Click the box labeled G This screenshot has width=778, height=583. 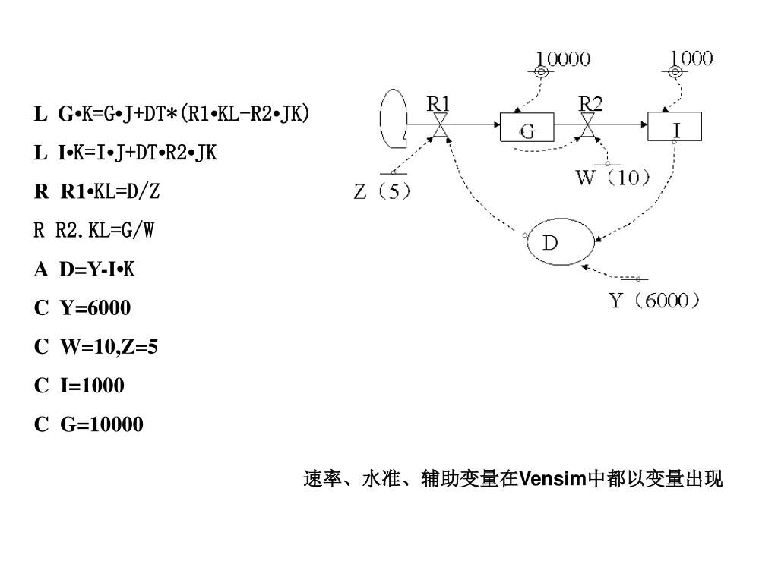[527, 127]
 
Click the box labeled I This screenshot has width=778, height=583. [675, 126]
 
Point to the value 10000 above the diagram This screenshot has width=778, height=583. [565, 58]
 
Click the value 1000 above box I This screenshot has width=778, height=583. [691, 57]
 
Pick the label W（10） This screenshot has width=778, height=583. [613, 178]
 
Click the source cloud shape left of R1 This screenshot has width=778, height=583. [394, 120]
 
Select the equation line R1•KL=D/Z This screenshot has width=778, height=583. [97, 192]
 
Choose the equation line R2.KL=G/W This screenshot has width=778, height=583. [94, 231]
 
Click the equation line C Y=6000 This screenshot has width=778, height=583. [82, 308]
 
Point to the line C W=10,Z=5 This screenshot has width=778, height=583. [96, 347]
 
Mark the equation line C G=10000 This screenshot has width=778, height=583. [88, 424]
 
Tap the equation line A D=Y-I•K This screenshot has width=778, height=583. [84, 269]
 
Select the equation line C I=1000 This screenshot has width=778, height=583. [79, 386]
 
